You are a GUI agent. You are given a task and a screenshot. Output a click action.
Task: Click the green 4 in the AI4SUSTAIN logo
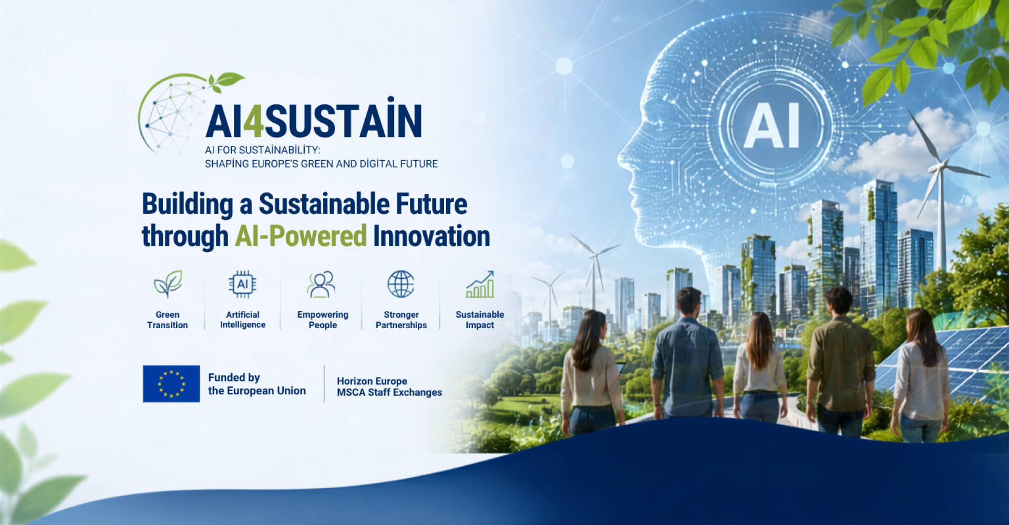(253, 121)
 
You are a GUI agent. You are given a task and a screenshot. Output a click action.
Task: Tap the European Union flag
(171, 384)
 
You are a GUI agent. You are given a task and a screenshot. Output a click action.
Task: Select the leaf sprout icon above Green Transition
(168, 284)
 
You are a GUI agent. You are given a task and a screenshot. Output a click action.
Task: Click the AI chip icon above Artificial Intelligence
(242, 284)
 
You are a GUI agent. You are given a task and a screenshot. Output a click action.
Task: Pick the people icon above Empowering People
(321, 284)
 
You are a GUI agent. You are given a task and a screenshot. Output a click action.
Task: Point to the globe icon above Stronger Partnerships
(401, 284)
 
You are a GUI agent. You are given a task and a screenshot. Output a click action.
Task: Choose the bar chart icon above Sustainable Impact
(480, 284)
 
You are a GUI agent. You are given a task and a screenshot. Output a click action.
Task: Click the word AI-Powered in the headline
(301, 236)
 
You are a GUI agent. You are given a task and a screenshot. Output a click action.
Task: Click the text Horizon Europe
(372, 381)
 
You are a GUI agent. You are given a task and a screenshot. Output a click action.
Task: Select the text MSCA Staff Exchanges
(389, 393)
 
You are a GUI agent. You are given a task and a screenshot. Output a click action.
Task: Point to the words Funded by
(234, 377)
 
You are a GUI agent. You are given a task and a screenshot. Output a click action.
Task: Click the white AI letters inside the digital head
(771, 125)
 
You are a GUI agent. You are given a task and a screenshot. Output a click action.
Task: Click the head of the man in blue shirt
(689, 301)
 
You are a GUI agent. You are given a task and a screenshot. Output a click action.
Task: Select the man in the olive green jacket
(840, 362)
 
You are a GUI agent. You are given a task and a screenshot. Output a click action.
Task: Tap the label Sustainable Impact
(480, 320)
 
